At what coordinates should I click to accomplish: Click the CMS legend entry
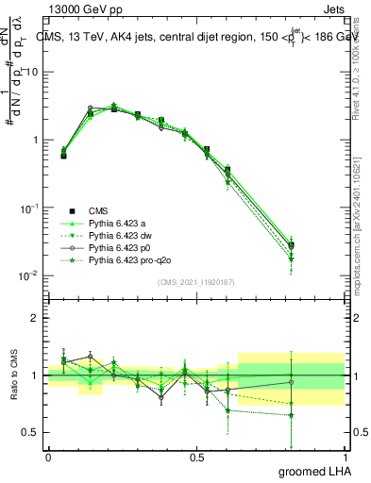pyautogui.click(x=98, y=210)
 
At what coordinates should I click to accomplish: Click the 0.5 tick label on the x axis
pyautogui.click(x=196, y=457)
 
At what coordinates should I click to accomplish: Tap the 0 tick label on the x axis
pyautogui.click(x=48, y=457)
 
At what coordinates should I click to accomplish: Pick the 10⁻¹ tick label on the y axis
pyautogui.click(x=31, y=208)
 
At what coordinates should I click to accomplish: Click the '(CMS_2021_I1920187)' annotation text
pyautogui.click(x=195, y=281)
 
